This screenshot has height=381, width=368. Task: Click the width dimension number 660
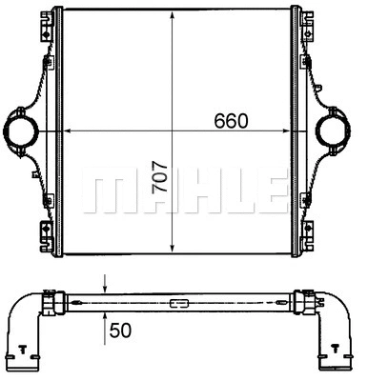point(229,121)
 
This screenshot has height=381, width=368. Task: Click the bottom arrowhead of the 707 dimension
point(172,250)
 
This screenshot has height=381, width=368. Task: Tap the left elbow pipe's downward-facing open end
point(22,368)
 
